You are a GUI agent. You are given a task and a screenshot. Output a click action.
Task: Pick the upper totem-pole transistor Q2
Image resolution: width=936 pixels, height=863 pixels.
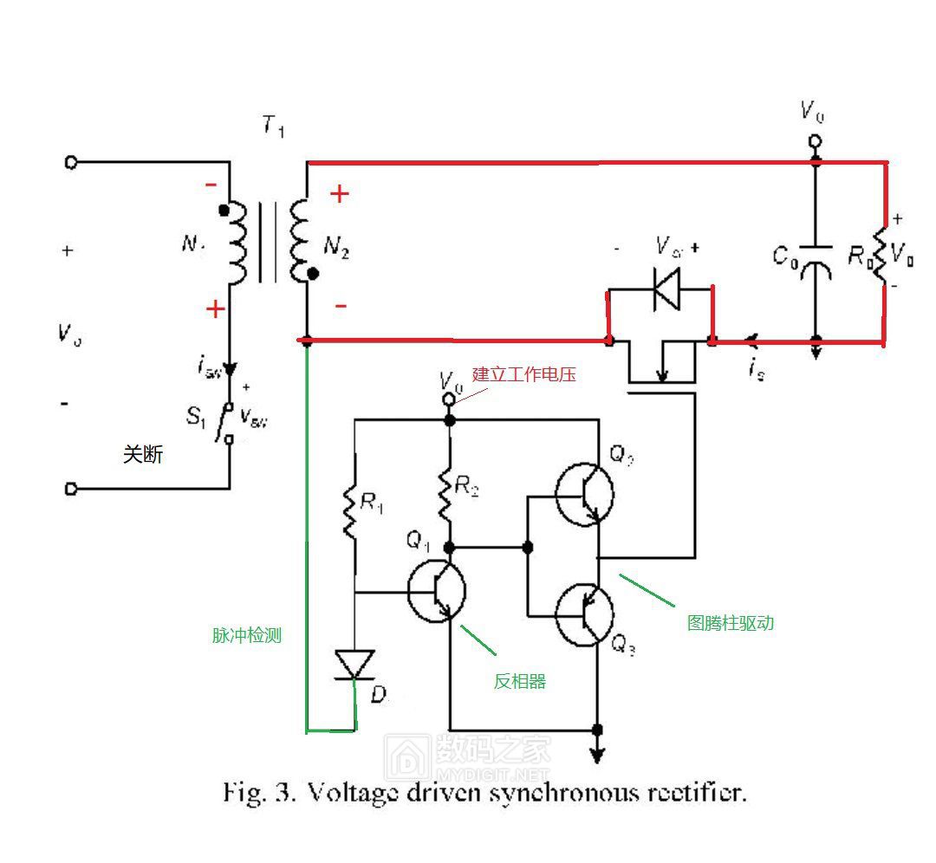pos(584,495)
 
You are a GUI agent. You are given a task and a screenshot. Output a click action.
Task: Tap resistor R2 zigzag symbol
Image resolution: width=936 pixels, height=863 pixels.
pos(449,490)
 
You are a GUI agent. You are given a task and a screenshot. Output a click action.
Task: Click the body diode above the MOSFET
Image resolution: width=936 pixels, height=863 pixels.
pos(666,289)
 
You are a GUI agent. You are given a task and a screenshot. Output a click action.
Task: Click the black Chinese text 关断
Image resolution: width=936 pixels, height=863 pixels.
pos(142,454)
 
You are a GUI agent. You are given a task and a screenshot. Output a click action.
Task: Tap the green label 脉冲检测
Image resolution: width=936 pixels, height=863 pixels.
pos(247,635)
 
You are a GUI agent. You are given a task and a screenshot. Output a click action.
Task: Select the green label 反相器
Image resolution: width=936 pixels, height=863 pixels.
pos(520,681)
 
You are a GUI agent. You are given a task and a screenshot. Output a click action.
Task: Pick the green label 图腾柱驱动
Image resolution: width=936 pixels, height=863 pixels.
pos(730,622)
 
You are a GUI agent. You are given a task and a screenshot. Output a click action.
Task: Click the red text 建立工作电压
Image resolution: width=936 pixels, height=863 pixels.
pos(523,374)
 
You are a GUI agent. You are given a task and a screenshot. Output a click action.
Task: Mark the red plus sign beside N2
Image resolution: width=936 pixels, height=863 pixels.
pos(339,194)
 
